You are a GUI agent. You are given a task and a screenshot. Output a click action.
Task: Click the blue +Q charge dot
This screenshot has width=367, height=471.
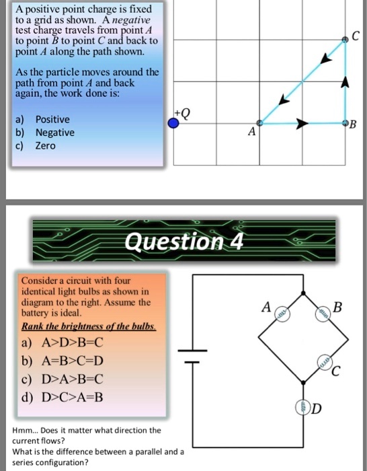click(173, 123)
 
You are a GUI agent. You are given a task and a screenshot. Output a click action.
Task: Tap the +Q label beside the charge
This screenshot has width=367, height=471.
click(183, 112)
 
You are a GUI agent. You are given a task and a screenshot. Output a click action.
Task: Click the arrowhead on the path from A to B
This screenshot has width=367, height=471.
click(302, 124)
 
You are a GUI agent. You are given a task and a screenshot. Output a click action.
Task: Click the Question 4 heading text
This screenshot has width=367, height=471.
click(183, 240)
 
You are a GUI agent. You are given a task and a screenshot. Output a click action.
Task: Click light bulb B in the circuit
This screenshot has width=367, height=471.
click(324, 314)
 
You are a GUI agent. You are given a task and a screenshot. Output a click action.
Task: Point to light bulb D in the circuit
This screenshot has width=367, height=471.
click(303, 407)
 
